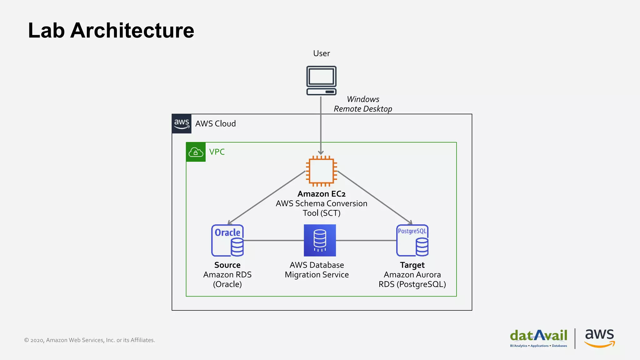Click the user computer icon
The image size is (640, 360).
click(321, 80)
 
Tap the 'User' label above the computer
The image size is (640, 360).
click(321, 53)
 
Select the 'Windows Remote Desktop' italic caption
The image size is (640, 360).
click(363, 104)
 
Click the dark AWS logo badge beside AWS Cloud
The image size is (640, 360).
click(182, 124)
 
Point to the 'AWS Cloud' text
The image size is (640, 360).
click(215, 124)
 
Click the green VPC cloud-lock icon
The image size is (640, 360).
click(196, 152)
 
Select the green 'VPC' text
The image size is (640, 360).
click(217, 152)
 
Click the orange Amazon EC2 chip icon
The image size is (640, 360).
click(321, 171)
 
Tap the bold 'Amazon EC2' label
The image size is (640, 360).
click(321, 194)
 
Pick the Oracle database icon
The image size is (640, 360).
click(227, 240)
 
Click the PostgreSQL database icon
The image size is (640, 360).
click(412, 240)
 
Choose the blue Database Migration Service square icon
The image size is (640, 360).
click(320, 240)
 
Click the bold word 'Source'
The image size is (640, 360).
click(227, 265)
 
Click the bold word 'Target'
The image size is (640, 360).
click(412, 265)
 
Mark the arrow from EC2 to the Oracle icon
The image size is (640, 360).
click(267, 197)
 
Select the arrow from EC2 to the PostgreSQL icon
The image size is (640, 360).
click(375, 197)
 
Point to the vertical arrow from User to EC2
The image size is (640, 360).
click(321, 125)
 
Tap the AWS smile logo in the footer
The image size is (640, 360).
click(599, 338)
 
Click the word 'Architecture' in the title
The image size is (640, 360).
click(132, 31)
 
